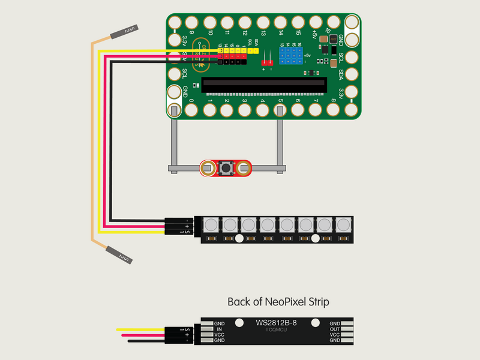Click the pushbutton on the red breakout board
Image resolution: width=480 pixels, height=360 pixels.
(227, 169)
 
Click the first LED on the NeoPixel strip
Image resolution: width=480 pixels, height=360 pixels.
(210, 226)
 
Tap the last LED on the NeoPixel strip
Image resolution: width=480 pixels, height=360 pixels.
(344, 226)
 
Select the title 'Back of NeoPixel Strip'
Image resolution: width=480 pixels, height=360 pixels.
(278, 301)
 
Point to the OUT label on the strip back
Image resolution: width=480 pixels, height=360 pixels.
(335, 329)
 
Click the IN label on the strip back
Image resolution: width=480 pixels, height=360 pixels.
(219, 329)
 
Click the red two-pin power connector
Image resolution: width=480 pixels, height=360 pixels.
(267, 61)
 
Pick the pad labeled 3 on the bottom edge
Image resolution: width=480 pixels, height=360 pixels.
(244, 110)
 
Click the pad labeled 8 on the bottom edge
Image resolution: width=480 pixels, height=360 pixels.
(333, 110)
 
